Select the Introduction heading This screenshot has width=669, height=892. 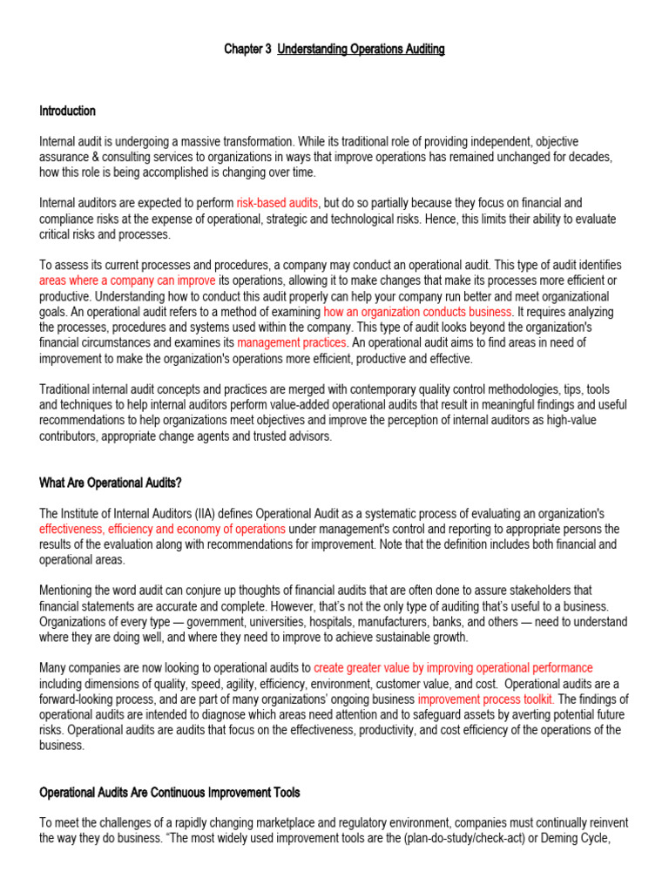click(x=67, y=111)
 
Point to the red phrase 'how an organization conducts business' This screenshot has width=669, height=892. click(x=418, y=312)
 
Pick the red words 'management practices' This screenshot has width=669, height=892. click(x=292, y=343)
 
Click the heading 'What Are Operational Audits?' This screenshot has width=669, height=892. click(x=110, y=483)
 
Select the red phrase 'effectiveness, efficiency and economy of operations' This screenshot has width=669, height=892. click(x=162, y=530)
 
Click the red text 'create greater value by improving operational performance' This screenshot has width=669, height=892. click(x=453, y=668)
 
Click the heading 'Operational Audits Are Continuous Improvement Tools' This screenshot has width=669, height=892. click(x=170, y=793)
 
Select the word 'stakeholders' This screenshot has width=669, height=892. click(x=526, y=591)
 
